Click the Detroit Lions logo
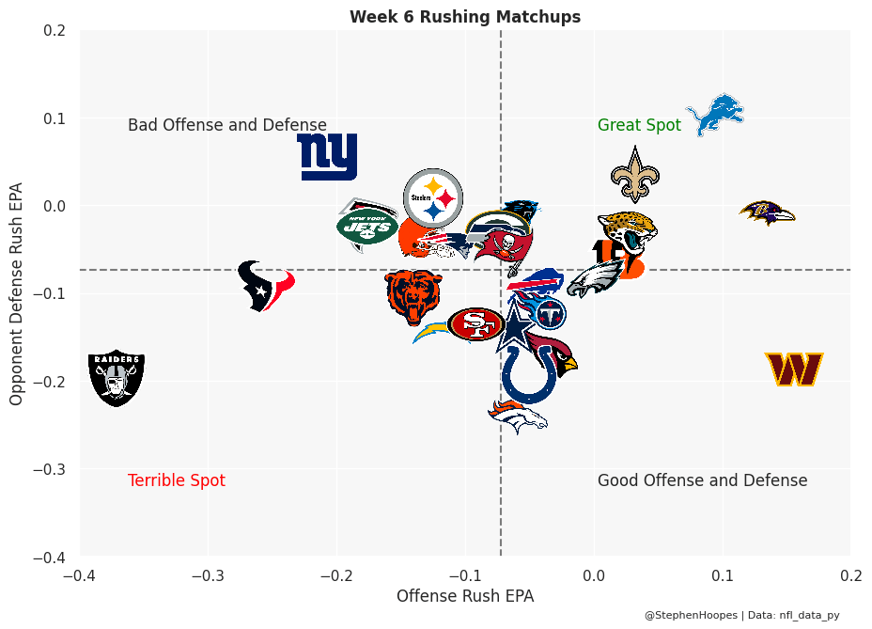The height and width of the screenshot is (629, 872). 716,115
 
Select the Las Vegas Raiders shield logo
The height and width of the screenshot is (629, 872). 117,378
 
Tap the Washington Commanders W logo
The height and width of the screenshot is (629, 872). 794,370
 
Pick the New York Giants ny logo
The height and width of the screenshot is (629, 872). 327,156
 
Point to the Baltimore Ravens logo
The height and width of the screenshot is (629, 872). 768,213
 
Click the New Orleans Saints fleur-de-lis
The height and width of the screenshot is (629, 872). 635,175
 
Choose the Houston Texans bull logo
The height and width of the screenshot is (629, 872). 264,286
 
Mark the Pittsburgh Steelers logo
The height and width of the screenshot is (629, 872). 433,199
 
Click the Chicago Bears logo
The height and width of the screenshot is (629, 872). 413,294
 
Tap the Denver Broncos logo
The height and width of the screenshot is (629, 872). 518,416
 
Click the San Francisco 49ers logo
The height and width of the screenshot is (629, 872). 477,324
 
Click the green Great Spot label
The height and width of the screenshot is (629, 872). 639,125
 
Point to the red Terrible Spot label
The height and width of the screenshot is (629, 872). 177,480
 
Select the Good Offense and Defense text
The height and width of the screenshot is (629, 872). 702,480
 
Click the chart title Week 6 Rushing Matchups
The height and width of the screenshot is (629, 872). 465,17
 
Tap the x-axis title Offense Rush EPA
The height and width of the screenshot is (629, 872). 465,596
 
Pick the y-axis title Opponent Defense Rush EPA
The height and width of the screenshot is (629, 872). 16,292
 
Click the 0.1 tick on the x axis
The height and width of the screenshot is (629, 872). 723,574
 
